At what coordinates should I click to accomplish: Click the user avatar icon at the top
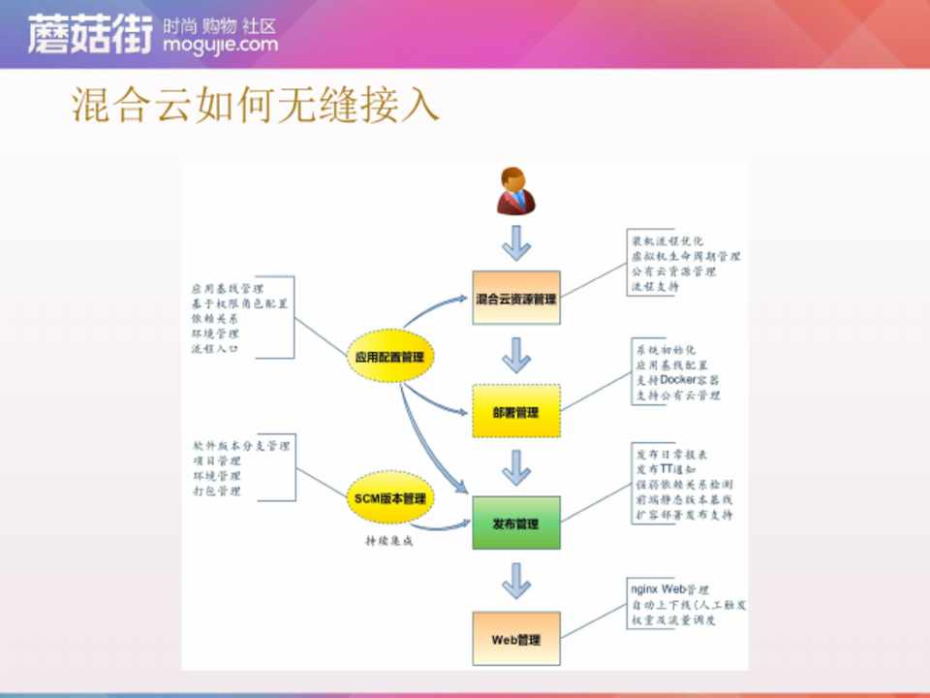(516, 190)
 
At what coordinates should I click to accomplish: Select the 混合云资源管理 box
(516, 300)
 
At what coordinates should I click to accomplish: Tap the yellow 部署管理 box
(516, 412)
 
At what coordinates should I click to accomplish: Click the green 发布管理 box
(516, 524)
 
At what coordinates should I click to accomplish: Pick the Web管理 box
(516, 640)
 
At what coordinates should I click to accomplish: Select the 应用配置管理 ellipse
(390, 358)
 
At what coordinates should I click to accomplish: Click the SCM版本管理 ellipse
(390, 499)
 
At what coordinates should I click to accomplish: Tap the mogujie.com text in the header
(221, 45)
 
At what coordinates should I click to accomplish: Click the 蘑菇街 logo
(89, 35)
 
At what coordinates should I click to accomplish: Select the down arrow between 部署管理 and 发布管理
(516, 469)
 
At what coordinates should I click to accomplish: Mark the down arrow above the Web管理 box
(516, 582)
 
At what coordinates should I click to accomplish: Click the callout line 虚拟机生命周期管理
(686, 257)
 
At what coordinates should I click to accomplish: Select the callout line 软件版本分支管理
(241, 446)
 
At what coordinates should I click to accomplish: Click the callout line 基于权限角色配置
(241, 303)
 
